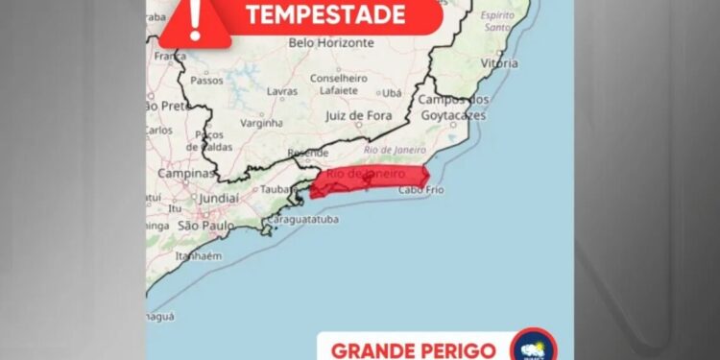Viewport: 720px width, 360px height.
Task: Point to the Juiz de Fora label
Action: (358, 115)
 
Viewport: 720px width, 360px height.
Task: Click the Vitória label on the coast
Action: (499, 63)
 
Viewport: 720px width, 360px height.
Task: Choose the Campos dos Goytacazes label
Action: (453, 108)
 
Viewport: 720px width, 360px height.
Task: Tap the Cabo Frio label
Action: (420, 190)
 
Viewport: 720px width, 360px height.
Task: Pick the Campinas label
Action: (185, 175)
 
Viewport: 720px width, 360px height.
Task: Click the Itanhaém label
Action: (198, 256)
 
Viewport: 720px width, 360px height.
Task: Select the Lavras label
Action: (281, 91)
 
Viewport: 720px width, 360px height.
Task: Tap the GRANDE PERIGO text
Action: (413, 349)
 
